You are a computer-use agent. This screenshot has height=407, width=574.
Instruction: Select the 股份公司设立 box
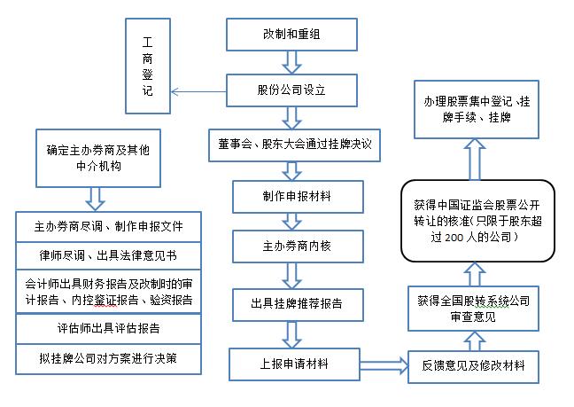[x=292, y=89]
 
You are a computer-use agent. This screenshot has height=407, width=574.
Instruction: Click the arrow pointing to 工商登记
[x=199, y=90]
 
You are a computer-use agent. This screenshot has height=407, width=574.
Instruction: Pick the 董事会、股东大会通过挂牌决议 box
[x=293, y=145]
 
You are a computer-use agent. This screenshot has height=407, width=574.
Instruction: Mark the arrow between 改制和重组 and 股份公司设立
[x=292, y=61]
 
